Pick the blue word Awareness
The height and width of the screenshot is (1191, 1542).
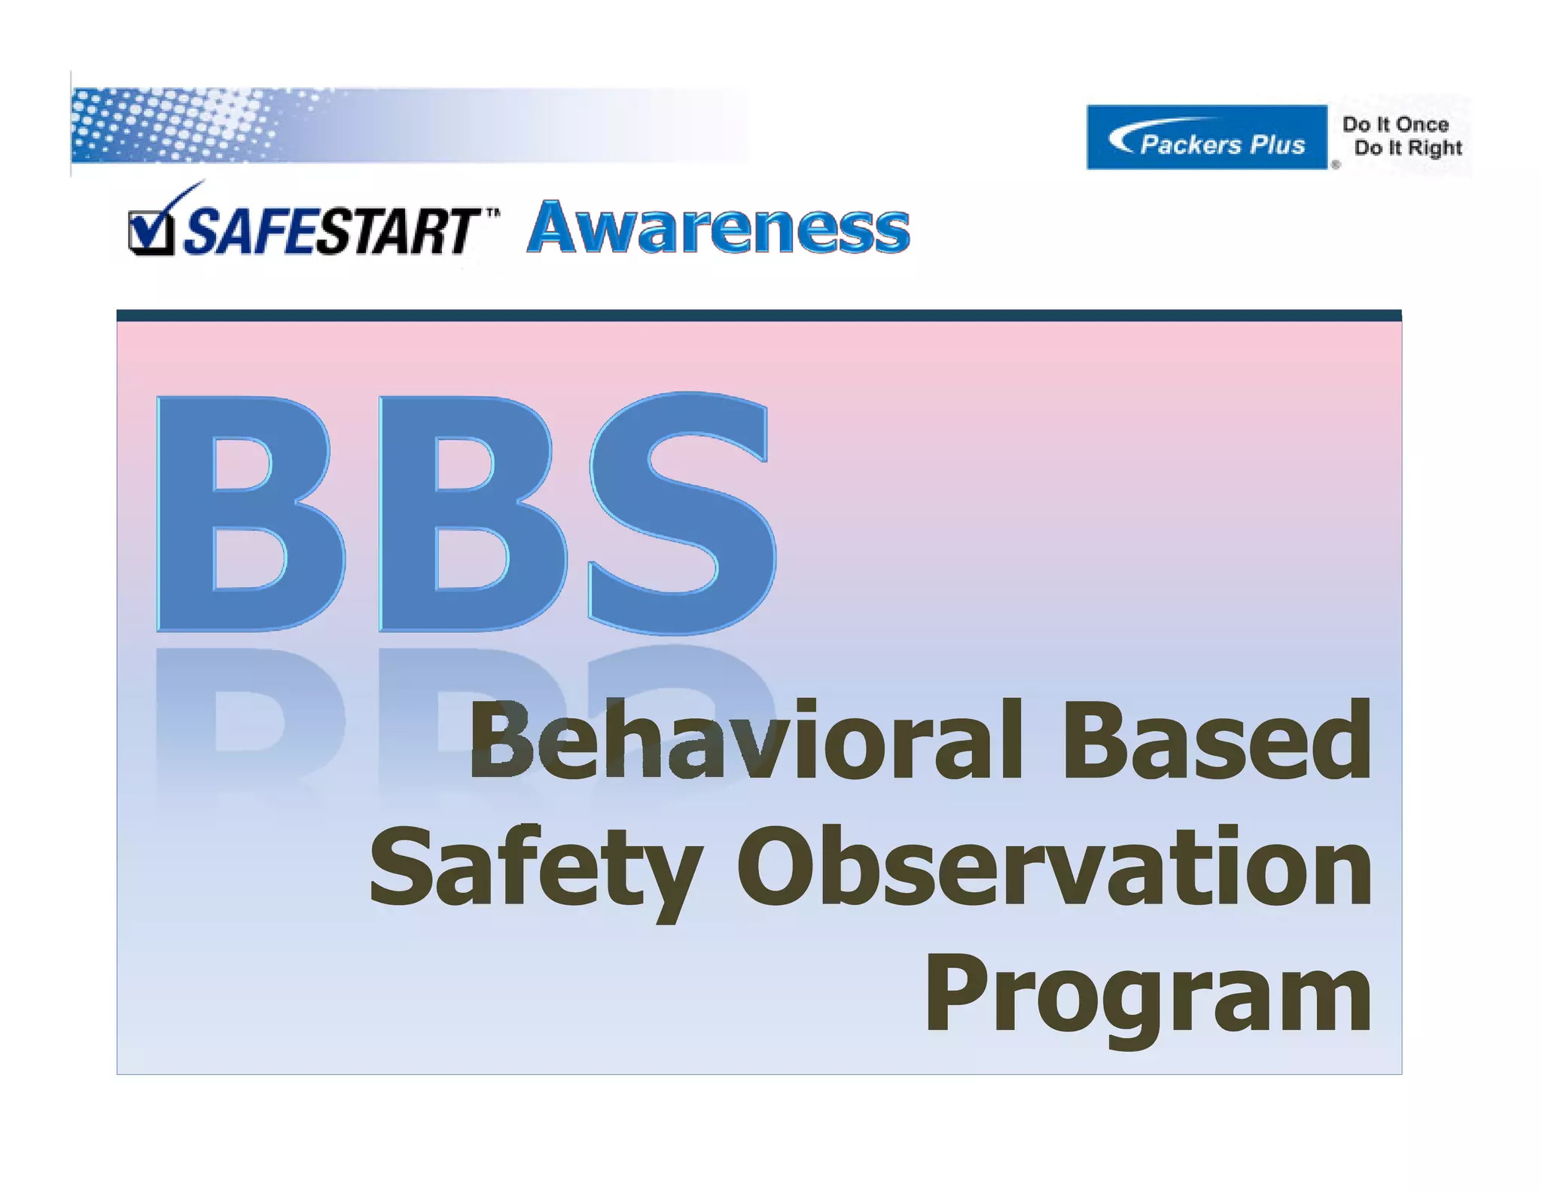pyautogui.click(x=718, y=227)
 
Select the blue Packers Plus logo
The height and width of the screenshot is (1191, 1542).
pyautogui.click(x=1206, y=138)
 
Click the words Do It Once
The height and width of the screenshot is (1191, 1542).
pyautogui.click(x=1395, y=124)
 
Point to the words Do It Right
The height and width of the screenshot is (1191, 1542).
pyautogui.click(x=1407, y=148)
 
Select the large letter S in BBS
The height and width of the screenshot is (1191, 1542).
pyautogui.click(x=681, y=512)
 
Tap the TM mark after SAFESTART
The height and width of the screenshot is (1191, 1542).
pyautogui.click(x=492, y=213)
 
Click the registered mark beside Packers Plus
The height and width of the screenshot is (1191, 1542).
pyautogui.click(x=1336, y=164)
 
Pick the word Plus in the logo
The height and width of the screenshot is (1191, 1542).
pyautogui.click(x=1277, y=144)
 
